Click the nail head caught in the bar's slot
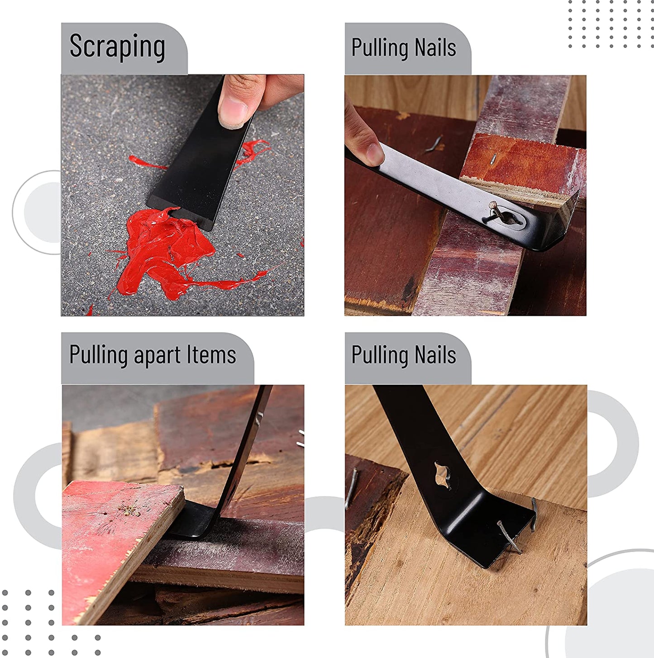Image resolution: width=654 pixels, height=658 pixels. click(x=493, y=205)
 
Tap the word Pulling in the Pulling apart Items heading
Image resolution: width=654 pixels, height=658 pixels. click(x=99, y=356)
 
